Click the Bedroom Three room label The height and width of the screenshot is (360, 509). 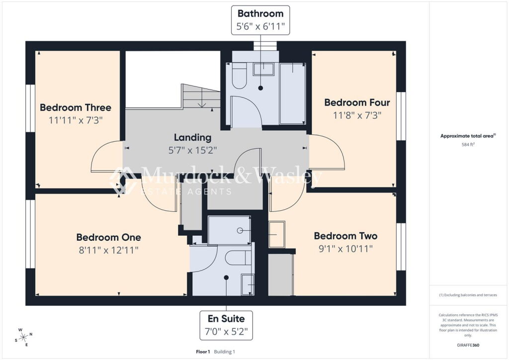[x=76, y=107]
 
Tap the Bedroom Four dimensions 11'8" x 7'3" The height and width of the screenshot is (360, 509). [x=357, y=115]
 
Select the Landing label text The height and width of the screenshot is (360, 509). [x=192, y=138]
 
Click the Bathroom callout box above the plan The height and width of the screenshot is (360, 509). [x=260, y=20]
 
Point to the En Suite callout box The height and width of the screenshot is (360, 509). [x=226, y=325]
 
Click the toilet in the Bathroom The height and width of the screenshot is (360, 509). [x=239, y=75]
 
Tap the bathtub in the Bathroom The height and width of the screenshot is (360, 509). [x=292, y=93]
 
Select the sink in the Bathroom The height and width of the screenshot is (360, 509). [x=263, y=69]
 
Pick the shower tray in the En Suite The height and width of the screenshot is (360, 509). [x=229, y=230]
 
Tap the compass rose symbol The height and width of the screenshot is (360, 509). [x=24, y=337]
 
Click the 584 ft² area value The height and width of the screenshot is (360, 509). [x=468, y=145]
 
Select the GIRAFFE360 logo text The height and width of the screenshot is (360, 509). [x=468, y=345]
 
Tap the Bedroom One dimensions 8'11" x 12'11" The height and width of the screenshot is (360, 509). [x=109, y=250]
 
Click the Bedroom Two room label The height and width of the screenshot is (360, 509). [x=346, y=236]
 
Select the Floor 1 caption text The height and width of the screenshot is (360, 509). [x=203, y=352]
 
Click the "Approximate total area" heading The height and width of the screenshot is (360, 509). [x=467, y=136]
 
